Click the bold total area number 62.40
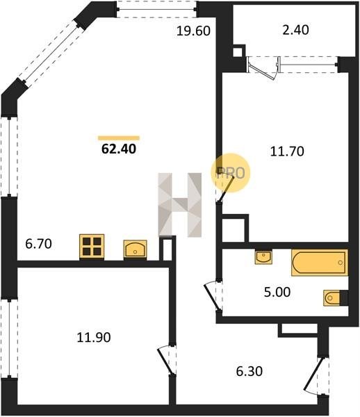point(119,149)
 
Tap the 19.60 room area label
point(193,31)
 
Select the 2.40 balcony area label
point(295,30)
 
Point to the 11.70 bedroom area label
point(287,151)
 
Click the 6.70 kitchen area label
point(38,244)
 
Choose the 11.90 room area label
point(94,337)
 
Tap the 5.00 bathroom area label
point(277,292)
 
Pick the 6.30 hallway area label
point(249,371)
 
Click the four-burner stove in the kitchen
point(92,246)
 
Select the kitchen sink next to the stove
point(135,249)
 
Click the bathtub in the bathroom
point(320,263)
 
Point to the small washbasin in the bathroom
point(263,256)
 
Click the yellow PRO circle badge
point(231,172)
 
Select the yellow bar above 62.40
point(119,138)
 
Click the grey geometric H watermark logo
point(180,204)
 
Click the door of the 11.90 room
point(167,360)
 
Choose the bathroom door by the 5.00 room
point(213,295)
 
